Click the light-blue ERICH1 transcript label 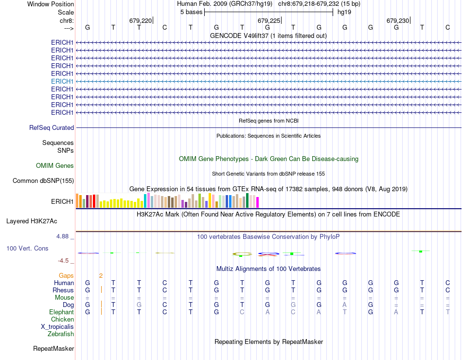click(62, 81)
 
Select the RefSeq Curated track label click(52, 127)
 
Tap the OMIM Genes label click(55, 165)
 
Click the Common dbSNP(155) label click(43, 181)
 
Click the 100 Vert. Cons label click(27, 248)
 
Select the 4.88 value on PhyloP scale click(65, 236)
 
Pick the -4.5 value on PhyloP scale click(66, 260)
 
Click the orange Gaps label click(66, 275)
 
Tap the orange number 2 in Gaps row click(101, 275)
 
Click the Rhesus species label click(64, 290)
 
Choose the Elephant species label click(61, 312)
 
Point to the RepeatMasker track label click(53, 348)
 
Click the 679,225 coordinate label click(269, 20)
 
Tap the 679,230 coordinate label click(398, 20)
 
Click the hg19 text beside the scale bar click(344, 12)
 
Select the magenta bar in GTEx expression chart click(257, 202)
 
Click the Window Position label click(51, 4)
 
